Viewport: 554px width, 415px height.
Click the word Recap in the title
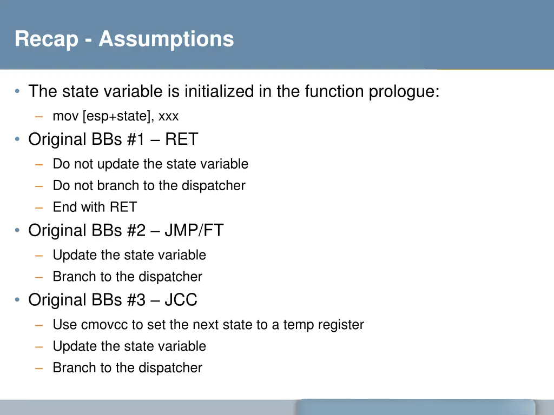click(46, 39)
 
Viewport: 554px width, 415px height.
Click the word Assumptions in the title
click(166, 39)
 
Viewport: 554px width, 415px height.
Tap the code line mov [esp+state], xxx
click(115, 116)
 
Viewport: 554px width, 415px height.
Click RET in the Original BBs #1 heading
click(182, 139)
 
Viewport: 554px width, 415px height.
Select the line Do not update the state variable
click(150, 164)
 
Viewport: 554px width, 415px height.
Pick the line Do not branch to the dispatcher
click(149, 185)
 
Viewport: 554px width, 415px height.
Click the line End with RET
click(95, 207)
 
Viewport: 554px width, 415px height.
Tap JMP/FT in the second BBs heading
click(194, 231)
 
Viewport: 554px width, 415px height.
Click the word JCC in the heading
click(181, 300)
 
